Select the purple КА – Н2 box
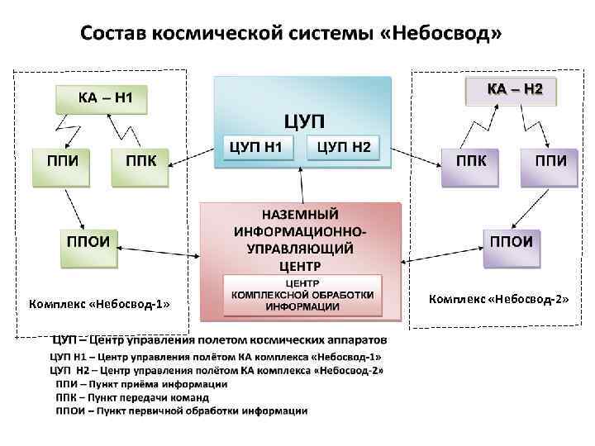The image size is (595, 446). point(510,89)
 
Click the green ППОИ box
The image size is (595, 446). point(89,244)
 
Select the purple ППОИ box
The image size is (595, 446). point(511,245)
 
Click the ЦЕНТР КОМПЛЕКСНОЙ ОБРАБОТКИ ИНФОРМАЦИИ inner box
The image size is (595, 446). point(302,294)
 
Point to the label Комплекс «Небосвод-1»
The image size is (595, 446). point(98,303)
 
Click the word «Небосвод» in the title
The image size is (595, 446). point(450,34)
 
